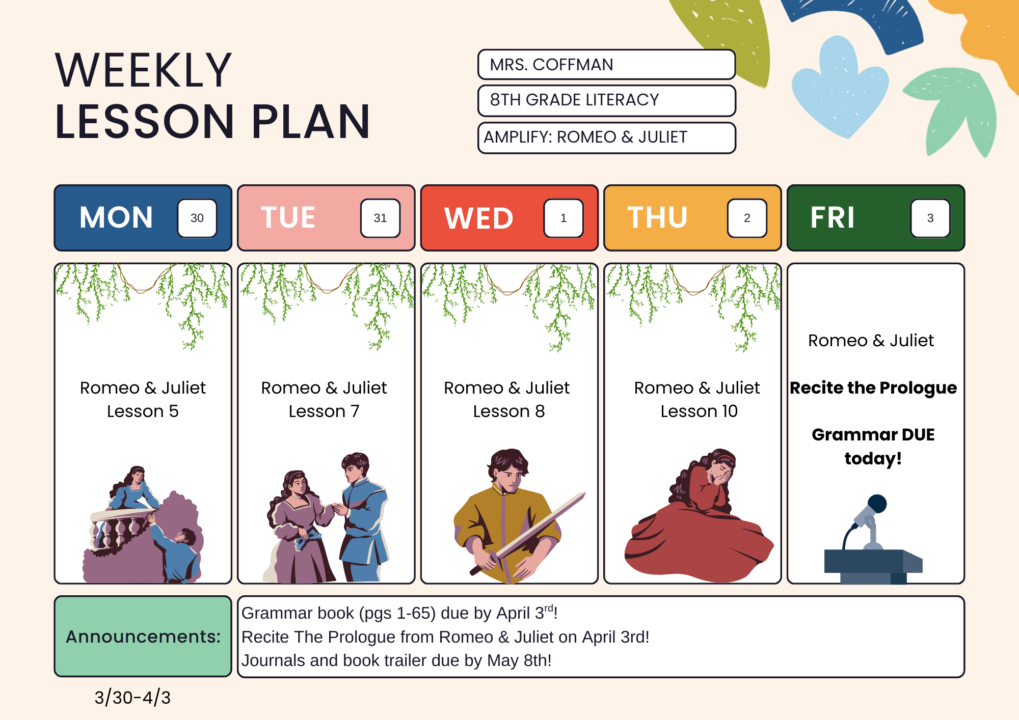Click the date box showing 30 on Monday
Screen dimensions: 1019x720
click(197, 218)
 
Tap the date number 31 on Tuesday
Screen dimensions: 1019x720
click(380, 218)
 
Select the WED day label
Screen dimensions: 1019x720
click(478, 218)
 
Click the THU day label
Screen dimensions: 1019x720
click(657, 217)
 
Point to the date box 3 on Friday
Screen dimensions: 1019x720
click(930, 218)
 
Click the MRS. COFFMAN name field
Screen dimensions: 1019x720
click(606, 65)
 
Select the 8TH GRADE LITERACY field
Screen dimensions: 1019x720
click(606, 100)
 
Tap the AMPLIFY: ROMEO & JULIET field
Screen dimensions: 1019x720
click(606, 137)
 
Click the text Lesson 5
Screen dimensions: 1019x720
click(143, 411)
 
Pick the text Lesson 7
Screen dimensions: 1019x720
click(324, 411)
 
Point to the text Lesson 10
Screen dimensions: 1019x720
click(699, 411)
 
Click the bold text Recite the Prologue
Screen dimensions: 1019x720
click(873, 388)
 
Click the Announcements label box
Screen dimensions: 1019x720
click(143, 636)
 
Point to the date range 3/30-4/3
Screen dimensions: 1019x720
click(132, 697)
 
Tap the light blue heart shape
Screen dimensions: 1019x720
click(840, 87)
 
